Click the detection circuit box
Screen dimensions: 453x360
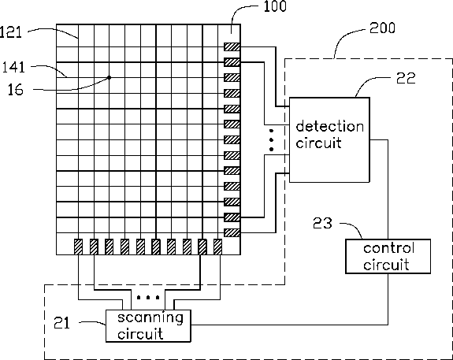click(329, 140)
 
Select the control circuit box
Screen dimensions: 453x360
click(388, 256)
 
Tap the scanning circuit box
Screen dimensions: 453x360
click(148, 326)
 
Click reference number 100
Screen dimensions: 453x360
click(275, 6)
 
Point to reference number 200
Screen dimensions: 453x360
click(382, 28)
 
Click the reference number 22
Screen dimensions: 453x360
click(406, 78)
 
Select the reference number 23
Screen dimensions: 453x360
click(322, 223)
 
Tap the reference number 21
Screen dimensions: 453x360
click(61, 323)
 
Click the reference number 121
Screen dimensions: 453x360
click(11, 32)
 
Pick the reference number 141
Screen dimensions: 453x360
click(13, 67)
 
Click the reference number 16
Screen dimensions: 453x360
click(15, 90)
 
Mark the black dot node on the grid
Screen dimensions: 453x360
click(109, 77)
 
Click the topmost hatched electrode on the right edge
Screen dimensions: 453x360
click(232, 46)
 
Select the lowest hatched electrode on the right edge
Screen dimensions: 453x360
click(232, 232)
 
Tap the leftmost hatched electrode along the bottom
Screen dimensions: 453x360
click(78, 247)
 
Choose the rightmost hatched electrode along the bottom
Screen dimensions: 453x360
click(217, 247)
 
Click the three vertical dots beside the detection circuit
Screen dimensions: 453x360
click(271, 140)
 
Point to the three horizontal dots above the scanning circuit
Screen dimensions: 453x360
click(148, 297)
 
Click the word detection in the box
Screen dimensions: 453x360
click(329, 127)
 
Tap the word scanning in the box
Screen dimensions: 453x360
click(150, 318)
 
